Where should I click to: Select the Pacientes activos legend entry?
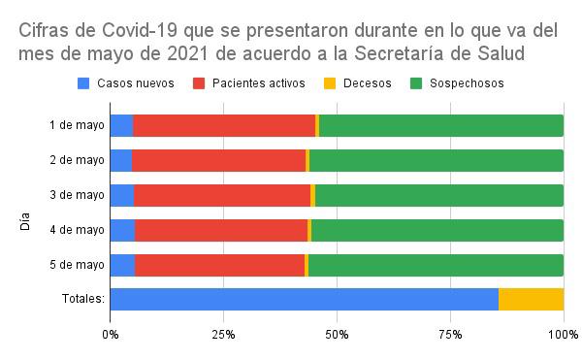click(x=250, y=83)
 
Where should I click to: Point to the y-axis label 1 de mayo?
click(x=77, y=125)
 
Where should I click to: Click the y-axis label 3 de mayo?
click(x=77, y=195)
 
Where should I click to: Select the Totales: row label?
click(x=82, y=299)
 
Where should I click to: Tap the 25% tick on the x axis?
click(x=223, y=335)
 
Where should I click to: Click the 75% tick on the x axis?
click(x=450, y=335)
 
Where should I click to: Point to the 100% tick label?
click(x=563, y=335)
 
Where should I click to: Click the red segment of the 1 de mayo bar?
click(x=224, y=125)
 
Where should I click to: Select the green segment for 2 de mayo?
click(x=436, y=160)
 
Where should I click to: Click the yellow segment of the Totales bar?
click(x=531, y=299)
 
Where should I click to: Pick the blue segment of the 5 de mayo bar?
click(x=122, y=264)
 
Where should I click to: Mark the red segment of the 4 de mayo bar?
click(x=221, y=230)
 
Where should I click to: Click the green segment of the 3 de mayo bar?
click(x=438, y=195)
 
